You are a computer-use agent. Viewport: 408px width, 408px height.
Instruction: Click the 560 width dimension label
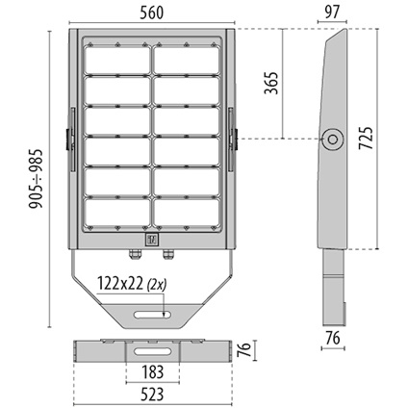pyautogui.click(x=151, y=13)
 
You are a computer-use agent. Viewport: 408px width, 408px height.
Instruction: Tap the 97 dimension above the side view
pyautogui.click(x=332, y=13)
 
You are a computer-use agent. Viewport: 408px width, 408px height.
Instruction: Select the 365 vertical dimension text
pyautogui.click(x=271, y=83)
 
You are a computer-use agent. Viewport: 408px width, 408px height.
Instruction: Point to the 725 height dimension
pyautogui.click(x=366, y=139)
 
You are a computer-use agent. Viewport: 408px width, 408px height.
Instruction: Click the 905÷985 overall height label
pyautogui.click(x=36, y=179)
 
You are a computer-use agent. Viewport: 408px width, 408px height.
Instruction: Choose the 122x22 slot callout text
pyautogui.click(x=120, y=284)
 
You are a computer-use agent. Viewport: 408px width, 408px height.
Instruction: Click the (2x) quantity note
pyautogui.click(x=157, y=285)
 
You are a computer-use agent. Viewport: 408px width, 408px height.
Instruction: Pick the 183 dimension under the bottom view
pyautogui.click(x=152, y=372)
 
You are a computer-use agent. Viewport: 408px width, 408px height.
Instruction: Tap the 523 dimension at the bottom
pyautogui.click(x=152, y=395)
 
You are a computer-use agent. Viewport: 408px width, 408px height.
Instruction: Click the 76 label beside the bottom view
pyautogui.click(x=244, y=350)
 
